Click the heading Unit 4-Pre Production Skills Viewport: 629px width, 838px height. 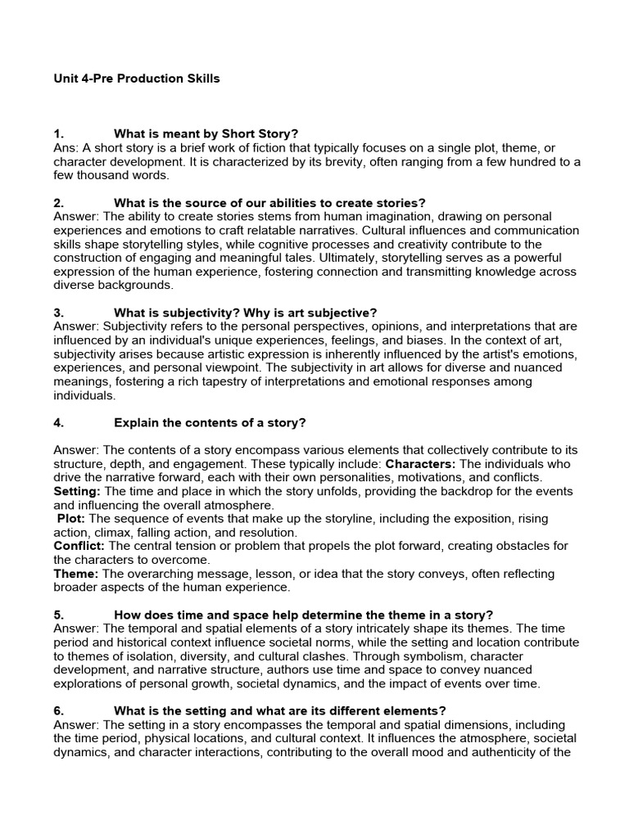coord(137,79)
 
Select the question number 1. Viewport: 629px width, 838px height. coord(57,133)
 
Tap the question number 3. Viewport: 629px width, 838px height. coord(58,313)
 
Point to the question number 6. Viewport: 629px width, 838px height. coord(58,711)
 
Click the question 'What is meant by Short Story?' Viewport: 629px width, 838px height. coord(206,133)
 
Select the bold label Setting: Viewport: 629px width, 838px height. coord(77,491)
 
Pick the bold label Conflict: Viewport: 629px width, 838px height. coord(79,546)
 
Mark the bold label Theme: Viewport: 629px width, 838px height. coord(76,574)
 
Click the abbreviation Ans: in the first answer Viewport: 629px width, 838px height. coord(66,147)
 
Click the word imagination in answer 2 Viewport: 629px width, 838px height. coord(367,216)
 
